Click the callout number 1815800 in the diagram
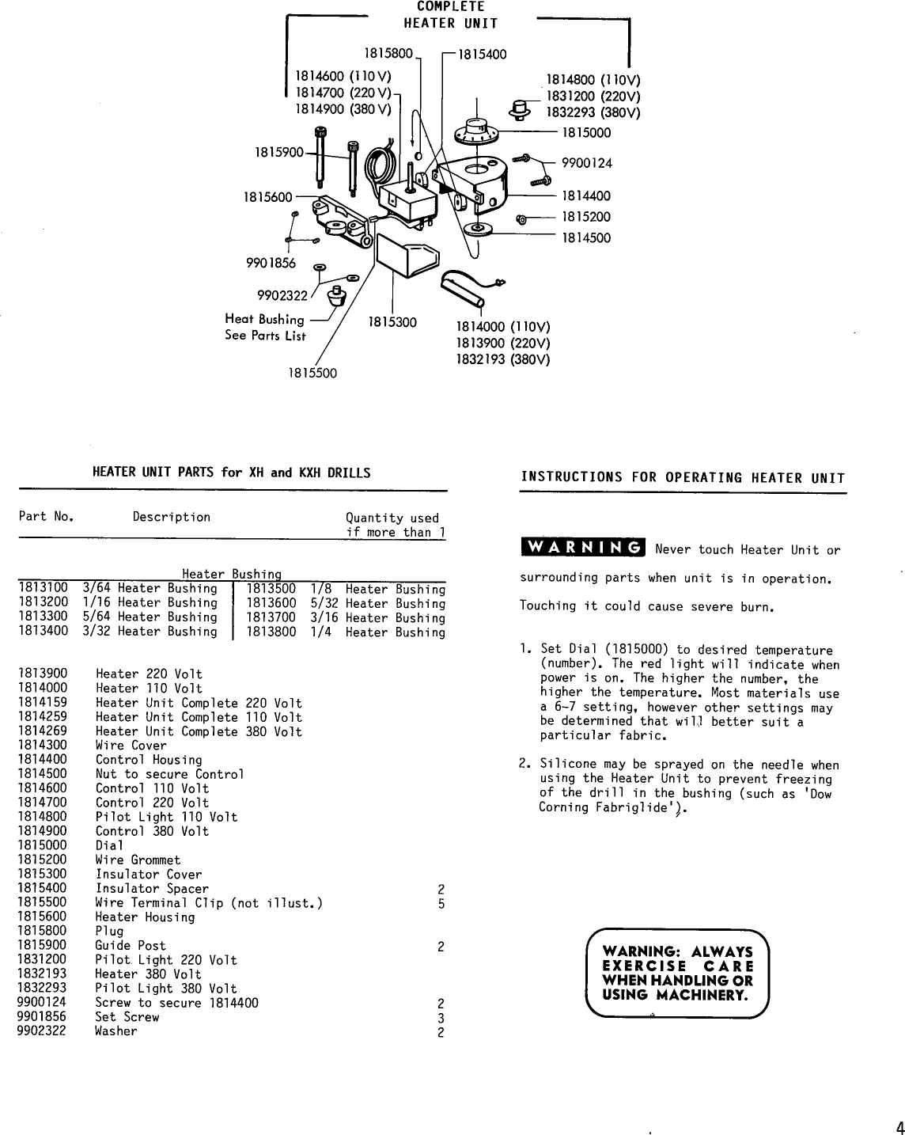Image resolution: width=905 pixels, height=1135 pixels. pos(388,54)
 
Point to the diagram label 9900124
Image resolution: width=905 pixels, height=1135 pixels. pos(586,164)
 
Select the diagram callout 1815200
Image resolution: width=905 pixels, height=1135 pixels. pos(586,217)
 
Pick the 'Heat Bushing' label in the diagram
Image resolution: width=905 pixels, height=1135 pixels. pos(264,320)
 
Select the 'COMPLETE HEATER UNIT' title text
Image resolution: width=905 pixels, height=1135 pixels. pos(451,15)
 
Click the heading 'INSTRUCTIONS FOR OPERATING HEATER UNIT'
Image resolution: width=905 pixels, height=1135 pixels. pos(683,478)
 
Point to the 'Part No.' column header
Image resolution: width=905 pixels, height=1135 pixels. pos(46,518)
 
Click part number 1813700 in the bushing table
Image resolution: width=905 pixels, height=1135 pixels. pos(271,618)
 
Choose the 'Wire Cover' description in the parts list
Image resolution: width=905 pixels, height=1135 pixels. pos(131,746)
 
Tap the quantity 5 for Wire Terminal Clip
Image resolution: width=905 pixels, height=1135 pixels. pos(441,903)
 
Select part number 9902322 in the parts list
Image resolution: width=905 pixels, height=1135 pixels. pos(42,1031)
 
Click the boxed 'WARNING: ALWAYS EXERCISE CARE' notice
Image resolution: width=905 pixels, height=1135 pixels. pos(677,973)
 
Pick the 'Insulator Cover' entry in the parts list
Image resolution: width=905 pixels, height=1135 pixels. pos(149,875)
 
